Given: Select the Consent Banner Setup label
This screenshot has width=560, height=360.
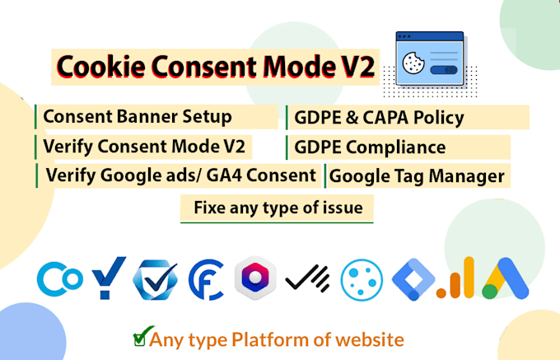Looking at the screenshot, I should coord(138,116).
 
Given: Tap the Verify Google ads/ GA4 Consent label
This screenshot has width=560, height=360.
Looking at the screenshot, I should coord(181,175).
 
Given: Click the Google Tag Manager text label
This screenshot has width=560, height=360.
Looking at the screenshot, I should coord(417,175).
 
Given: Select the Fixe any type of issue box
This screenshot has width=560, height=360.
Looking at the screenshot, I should coord(278,208).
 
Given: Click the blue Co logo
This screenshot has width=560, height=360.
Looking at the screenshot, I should coord(59,278).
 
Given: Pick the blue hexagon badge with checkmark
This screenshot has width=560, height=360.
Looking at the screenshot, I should coord(156,278).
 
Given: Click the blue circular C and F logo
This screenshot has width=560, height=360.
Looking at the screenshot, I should coord(206,278).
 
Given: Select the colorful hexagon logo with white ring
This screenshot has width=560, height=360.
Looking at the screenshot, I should coord(255,278).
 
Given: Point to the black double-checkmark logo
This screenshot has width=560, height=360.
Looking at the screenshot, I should coord(306,279).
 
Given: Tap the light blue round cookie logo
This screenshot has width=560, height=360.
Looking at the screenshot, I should coord(361,278).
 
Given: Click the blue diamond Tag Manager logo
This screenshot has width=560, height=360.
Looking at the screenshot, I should coord(411,278).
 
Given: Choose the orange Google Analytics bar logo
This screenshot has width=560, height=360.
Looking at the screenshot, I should coord(455,278).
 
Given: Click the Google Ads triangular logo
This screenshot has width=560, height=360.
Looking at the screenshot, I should coord(505,278).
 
